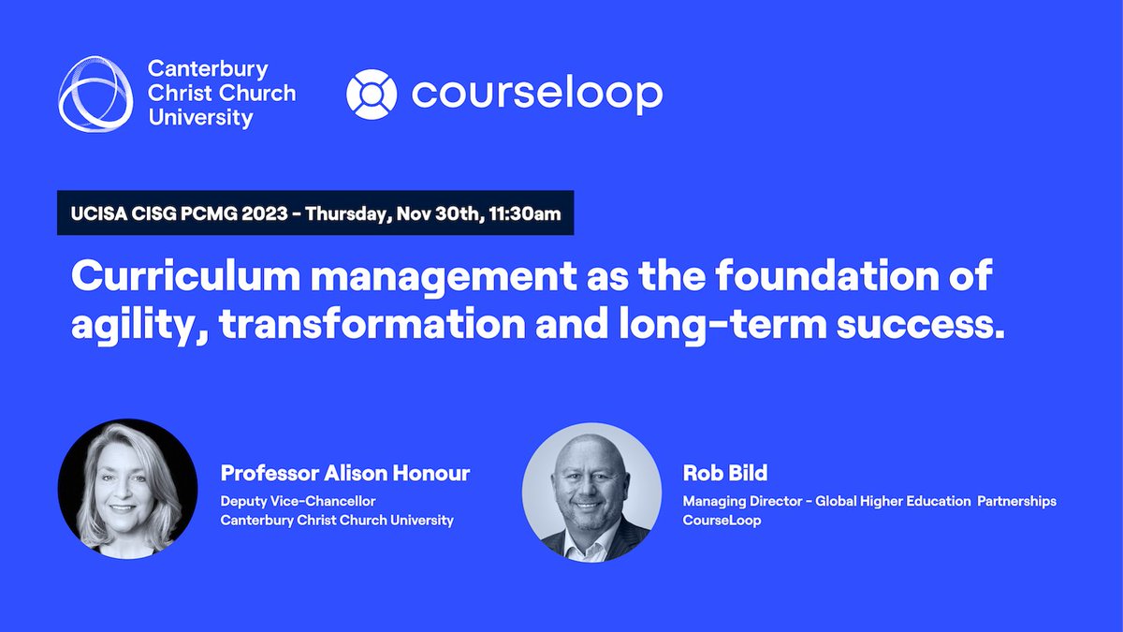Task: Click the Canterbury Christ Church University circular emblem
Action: click(96, 93)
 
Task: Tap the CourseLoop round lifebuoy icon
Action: click(372, 94)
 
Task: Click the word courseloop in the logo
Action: click(536, 94)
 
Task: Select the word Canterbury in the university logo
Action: click(208, 69)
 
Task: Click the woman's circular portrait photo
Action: click(127, 489)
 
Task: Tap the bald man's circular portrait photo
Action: click(591, 492)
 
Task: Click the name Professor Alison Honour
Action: click(344, 474)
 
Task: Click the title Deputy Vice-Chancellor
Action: click(298, 501)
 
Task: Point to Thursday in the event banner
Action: click(344, 213)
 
